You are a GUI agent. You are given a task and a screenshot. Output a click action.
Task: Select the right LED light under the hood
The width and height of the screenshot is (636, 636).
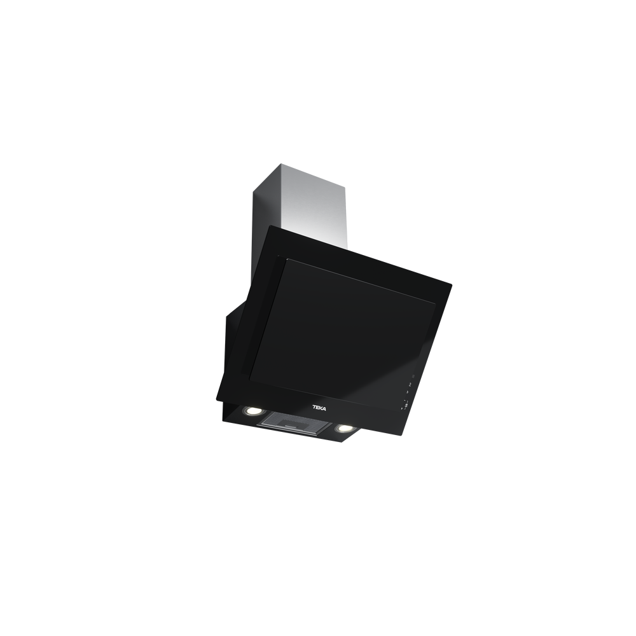pos(345,428)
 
